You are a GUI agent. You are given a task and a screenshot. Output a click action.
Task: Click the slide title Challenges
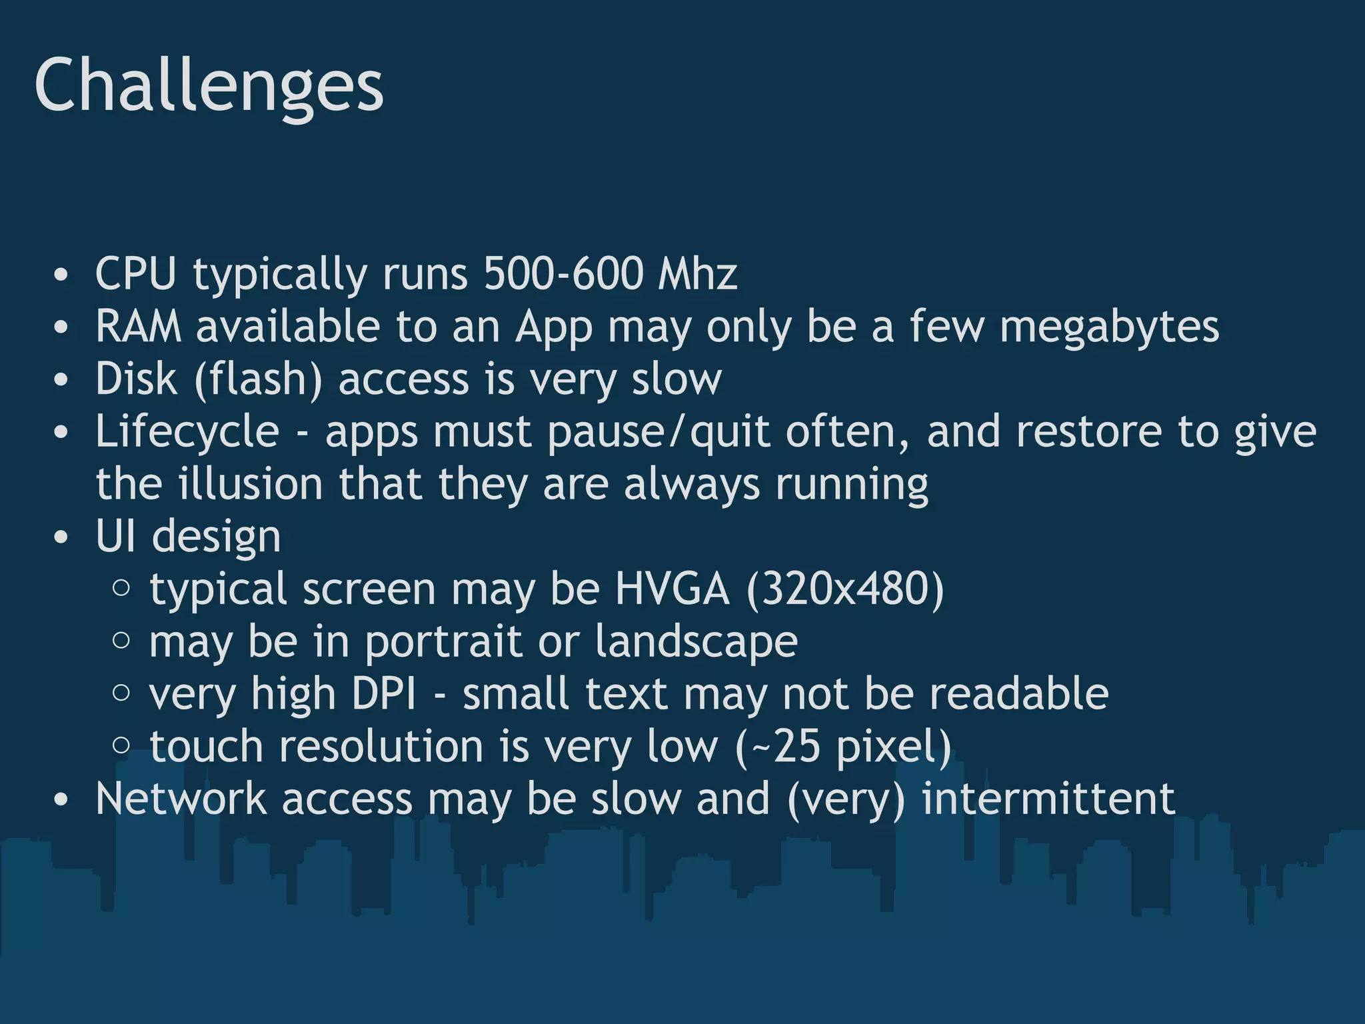click(x=209, y=87)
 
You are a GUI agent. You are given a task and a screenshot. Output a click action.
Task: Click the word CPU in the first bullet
click(x=136, y=273)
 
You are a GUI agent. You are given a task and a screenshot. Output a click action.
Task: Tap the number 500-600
click(x=563, y=273)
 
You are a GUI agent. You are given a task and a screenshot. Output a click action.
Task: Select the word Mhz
click(x=697, y=273)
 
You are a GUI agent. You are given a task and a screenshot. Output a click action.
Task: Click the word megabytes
click(x=1109, y=328)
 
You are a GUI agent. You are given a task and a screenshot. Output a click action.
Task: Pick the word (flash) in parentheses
click(x=259, y=379)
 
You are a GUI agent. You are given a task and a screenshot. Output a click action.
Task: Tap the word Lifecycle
click(x=187, y=432)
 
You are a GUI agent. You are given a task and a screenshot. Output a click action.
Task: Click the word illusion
click(x=251, y=484)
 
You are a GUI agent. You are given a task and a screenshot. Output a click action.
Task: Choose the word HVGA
click(x=672, y=589)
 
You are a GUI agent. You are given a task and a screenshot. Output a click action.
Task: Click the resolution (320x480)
click(x=845, y=589)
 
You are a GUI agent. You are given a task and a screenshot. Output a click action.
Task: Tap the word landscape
click(x=696, y=642)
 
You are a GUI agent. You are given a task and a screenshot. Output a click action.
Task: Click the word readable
click(x=1019, y=694)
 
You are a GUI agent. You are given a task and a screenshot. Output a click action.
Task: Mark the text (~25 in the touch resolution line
click(x=778, y=746)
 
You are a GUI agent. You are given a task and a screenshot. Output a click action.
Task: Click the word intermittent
click(x=1048, y=799)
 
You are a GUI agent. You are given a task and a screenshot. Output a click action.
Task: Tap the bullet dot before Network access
click(x=61, y=799)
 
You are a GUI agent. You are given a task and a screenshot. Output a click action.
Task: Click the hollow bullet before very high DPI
click(x=121, y=693)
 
